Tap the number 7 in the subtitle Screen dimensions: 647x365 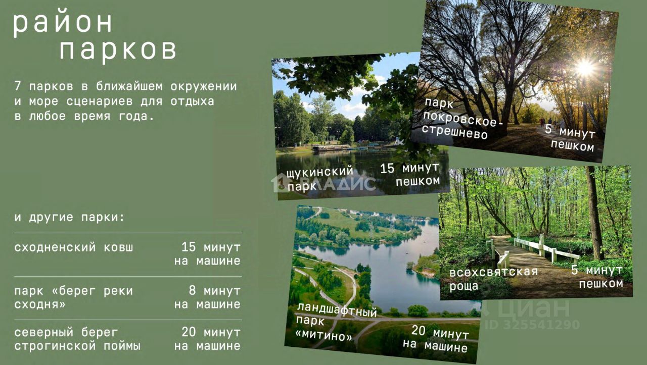pyautogui.click(x=18, y=86)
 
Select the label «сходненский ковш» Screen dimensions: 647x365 pyautogui.click(x=74, y=247)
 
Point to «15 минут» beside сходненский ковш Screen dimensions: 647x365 pyautogui.click(x=211, y=247)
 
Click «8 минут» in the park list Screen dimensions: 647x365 pyautogui.click(x=215, y=290)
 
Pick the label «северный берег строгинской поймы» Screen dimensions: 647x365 pyautogui.click(x=77, y=339)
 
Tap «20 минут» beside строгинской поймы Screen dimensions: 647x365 pyautogui.click(x=211, y=332)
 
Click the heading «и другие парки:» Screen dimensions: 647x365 pyautogui.click(x=69, y=217)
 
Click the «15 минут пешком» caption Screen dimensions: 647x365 pyautogui.click(x=410, y=174)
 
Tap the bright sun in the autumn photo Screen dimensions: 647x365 pyautogui.click(x=585, y=68)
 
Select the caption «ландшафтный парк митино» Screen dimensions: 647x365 pyautogui.click(x=337, y=322)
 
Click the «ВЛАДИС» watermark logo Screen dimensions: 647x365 pyautogui.click(x=323, y=183)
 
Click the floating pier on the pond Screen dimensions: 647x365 pyautogui.click(x=331, y=148)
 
